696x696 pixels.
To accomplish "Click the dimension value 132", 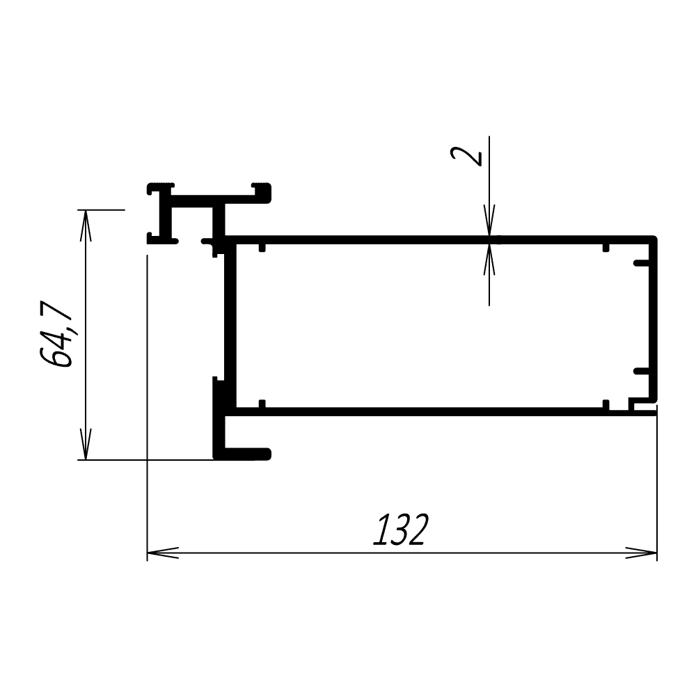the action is point(400,529).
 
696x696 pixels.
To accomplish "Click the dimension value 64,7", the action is point(56,334).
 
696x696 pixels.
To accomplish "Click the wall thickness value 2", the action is point(466,156).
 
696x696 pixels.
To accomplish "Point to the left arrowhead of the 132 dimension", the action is point(162,553).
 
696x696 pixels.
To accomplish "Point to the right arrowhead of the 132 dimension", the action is point(641,553).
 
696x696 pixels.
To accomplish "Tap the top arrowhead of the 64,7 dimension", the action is point(86,226).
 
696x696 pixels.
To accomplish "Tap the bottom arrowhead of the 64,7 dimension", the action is point(86,444).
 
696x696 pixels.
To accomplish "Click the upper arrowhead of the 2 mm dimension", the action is point(489,221).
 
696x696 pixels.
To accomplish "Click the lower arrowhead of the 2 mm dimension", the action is point(489,260).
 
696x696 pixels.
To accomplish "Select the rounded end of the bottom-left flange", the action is point(267,454).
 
